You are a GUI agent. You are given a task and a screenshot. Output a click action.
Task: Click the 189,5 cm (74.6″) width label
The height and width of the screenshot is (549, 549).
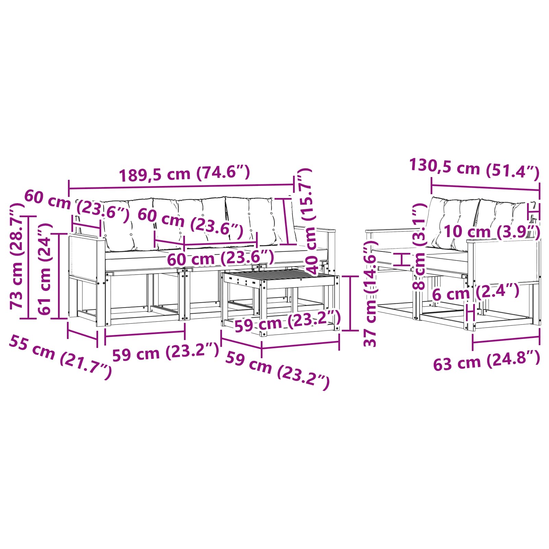click(184, 173)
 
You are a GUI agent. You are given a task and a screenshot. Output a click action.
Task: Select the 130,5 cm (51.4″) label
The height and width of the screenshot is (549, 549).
click(475, 168)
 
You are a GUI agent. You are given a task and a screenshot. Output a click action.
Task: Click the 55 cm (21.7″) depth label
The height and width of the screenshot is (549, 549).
click(60, 357)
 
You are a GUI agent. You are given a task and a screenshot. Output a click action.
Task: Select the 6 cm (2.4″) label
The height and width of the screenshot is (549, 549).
click(475, 292)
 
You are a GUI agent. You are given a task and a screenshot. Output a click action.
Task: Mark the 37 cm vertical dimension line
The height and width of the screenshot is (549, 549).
click(350, 303)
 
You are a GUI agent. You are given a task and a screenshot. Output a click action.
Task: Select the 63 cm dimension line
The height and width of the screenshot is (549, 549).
click(506, 341)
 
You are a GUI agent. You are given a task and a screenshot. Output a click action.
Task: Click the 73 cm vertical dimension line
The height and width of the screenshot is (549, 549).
click(29, 267)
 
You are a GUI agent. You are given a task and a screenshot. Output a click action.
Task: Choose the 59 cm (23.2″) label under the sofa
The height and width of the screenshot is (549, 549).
click(165, 352)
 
